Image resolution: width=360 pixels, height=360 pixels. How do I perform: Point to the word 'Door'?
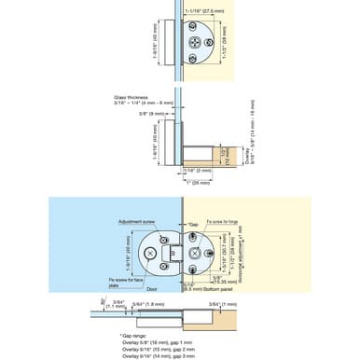[x=150, y=289]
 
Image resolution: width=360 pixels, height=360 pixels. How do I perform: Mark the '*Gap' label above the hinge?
[x=193, y=224]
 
